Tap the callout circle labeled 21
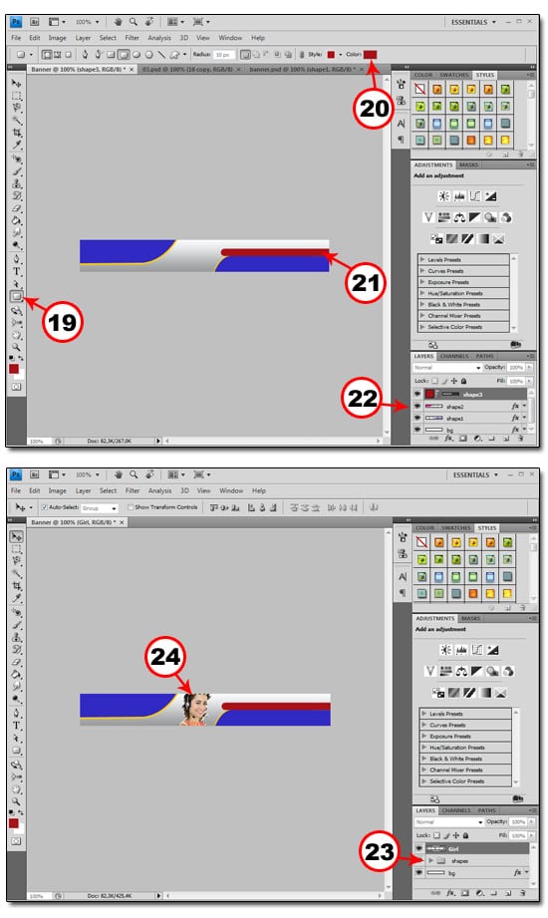click(x=367, y=282)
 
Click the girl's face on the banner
click(x=195, y=708)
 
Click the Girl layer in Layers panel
click(x=468, y=848)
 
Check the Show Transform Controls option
click(x=131, y=506)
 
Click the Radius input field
click(x=223, y=54)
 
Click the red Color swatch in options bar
click(x=370, y=54)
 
